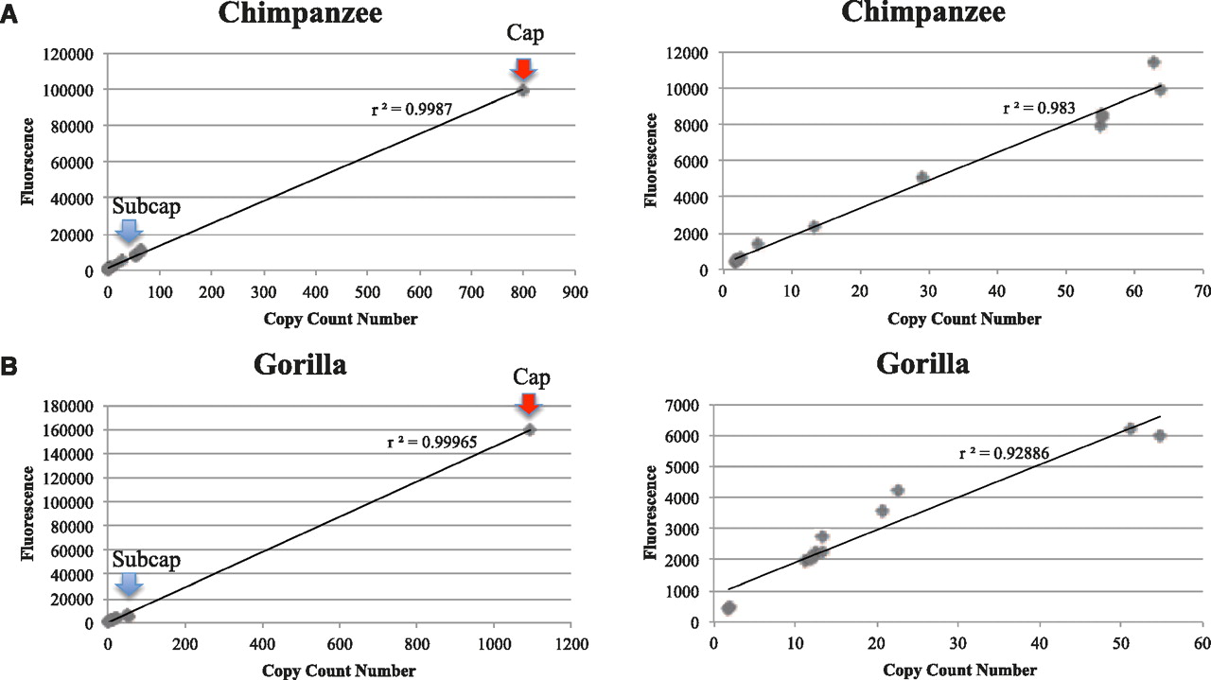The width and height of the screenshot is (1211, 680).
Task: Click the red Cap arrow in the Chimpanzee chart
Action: pyautogui.click(x=523, y=69)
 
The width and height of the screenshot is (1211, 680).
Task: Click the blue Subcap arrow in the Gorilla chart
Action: pyautogui.click(x=129, y=584)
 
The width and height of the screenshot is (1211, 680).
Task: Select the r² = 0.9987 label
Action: pyautogui.click(x=412, y=109)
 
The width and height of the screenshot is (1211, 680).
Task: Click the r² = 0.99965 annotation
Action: pyautogui.click(x=430, y=440)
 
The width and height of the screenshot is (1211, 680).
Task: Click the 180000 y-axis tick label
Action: pyautogui.click(x=68, y=407)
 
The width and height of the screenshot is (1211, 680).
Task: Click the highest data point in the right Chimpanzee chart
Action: pyautogui.click(x=1153, y=62)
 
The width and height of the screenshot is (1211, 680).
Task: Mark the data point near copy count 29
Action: pyautogui.click(x=922, y=177)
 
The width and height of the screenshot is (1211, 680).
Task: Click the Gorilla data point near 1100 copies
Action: pyautogui.click(x=530, y=429)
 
